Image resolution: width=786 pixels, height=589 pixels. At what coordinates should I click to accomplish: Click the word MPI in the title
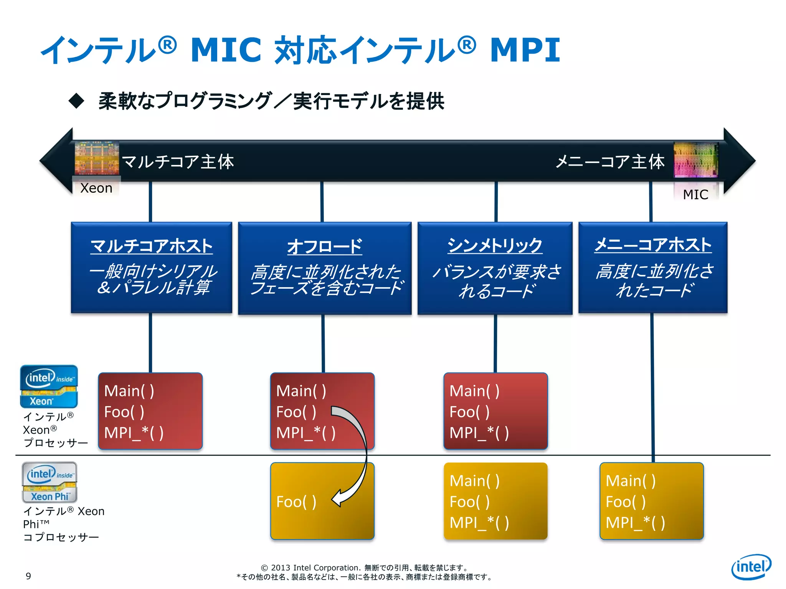pyautogui.click(x=525, y=50)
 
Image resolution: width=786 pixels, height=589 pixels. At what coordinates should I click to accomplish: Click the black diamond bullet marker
pyautogui.click(x=76, y=101)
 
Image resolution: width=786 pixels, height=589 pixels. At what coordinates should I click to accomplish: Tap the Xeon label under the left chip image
pyautogui.click(x=96, y=188)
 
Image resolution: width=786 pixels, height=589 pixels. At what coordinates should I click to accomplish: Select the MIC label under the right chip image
pyautogui.click(x=695, y=195)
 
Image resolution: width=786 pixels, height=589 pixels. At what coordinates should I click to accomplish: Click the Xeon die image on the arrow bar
pyautogui.click(x=97, y=158)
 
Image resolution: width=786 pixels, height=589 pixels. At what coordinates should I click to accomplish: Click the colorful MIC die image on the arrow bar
pyautogui.click(x=695, y=160)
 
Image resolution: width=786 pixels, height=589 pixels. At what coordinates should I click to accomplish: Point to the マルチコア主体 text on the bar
pyautogui.click(x=178, y=162)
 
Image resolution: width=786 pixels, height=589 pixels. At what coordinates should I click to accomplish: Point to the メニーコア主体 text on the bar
pyautogui.click(x=610, y=162)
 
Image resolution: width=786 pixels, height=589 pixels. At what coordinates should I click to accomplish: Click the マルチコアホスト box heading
pyautogui.click(x=152, y=246)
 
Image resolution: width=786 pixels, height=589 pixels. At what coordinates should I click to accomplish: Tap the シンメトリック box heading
pyautogui.click(x=495, y=245)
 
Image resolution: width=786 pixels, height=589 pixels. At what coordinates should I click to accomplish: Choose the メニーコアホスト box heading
pyautogui.click(x=653, y=245)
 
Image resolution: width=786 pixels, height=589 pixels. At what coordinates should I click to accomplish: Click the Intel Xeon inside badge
pyautogui.click(x=49, y=387)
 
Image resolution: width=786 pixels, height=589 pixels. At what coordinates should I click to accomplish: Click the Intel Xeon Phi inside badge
pyautogui.click(x=50, y=482)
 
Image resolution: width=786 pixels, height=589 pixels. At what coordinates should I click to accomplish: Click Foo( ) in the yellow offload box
pyautogui.click(x=296, y=502)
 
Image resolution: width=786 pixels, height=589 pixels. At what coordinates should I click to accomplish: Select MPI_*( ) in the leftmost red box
pyautogui.click(x=134, y=433)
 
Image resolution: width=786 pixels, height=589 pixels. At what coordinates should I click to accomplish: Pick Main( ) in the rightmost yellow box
pyautogui.click(x=631, y=481)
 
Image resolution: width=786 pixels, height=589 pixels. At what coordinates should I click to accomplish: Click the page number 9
pyautogui.click(x=28, y=576)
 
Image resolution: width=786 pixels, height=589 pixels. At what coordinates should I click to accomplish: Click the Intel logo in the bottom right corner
pyautogui.click(x=751, y=567)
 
